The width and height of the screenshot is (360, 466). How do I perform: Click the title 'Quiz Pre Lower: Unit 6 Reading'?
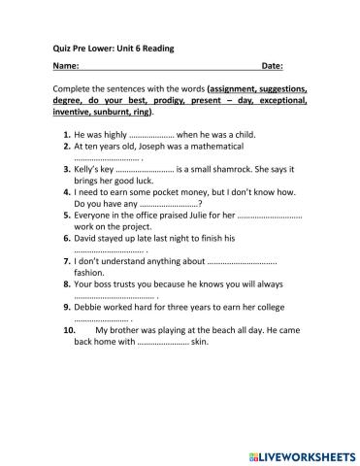point(106,48)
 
